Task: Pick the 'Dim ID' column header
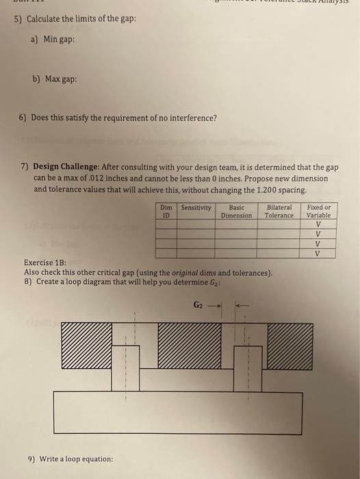coord(166,211)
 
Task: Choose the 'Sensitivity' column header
coord(196,207)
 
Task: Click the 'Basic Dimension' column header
coord(236,211)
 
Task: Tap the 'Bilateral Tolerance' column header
coord(279,211)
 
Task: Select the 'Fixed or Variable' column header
coord(319,211)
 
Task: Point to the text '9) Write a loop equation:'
coord(70,458)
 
